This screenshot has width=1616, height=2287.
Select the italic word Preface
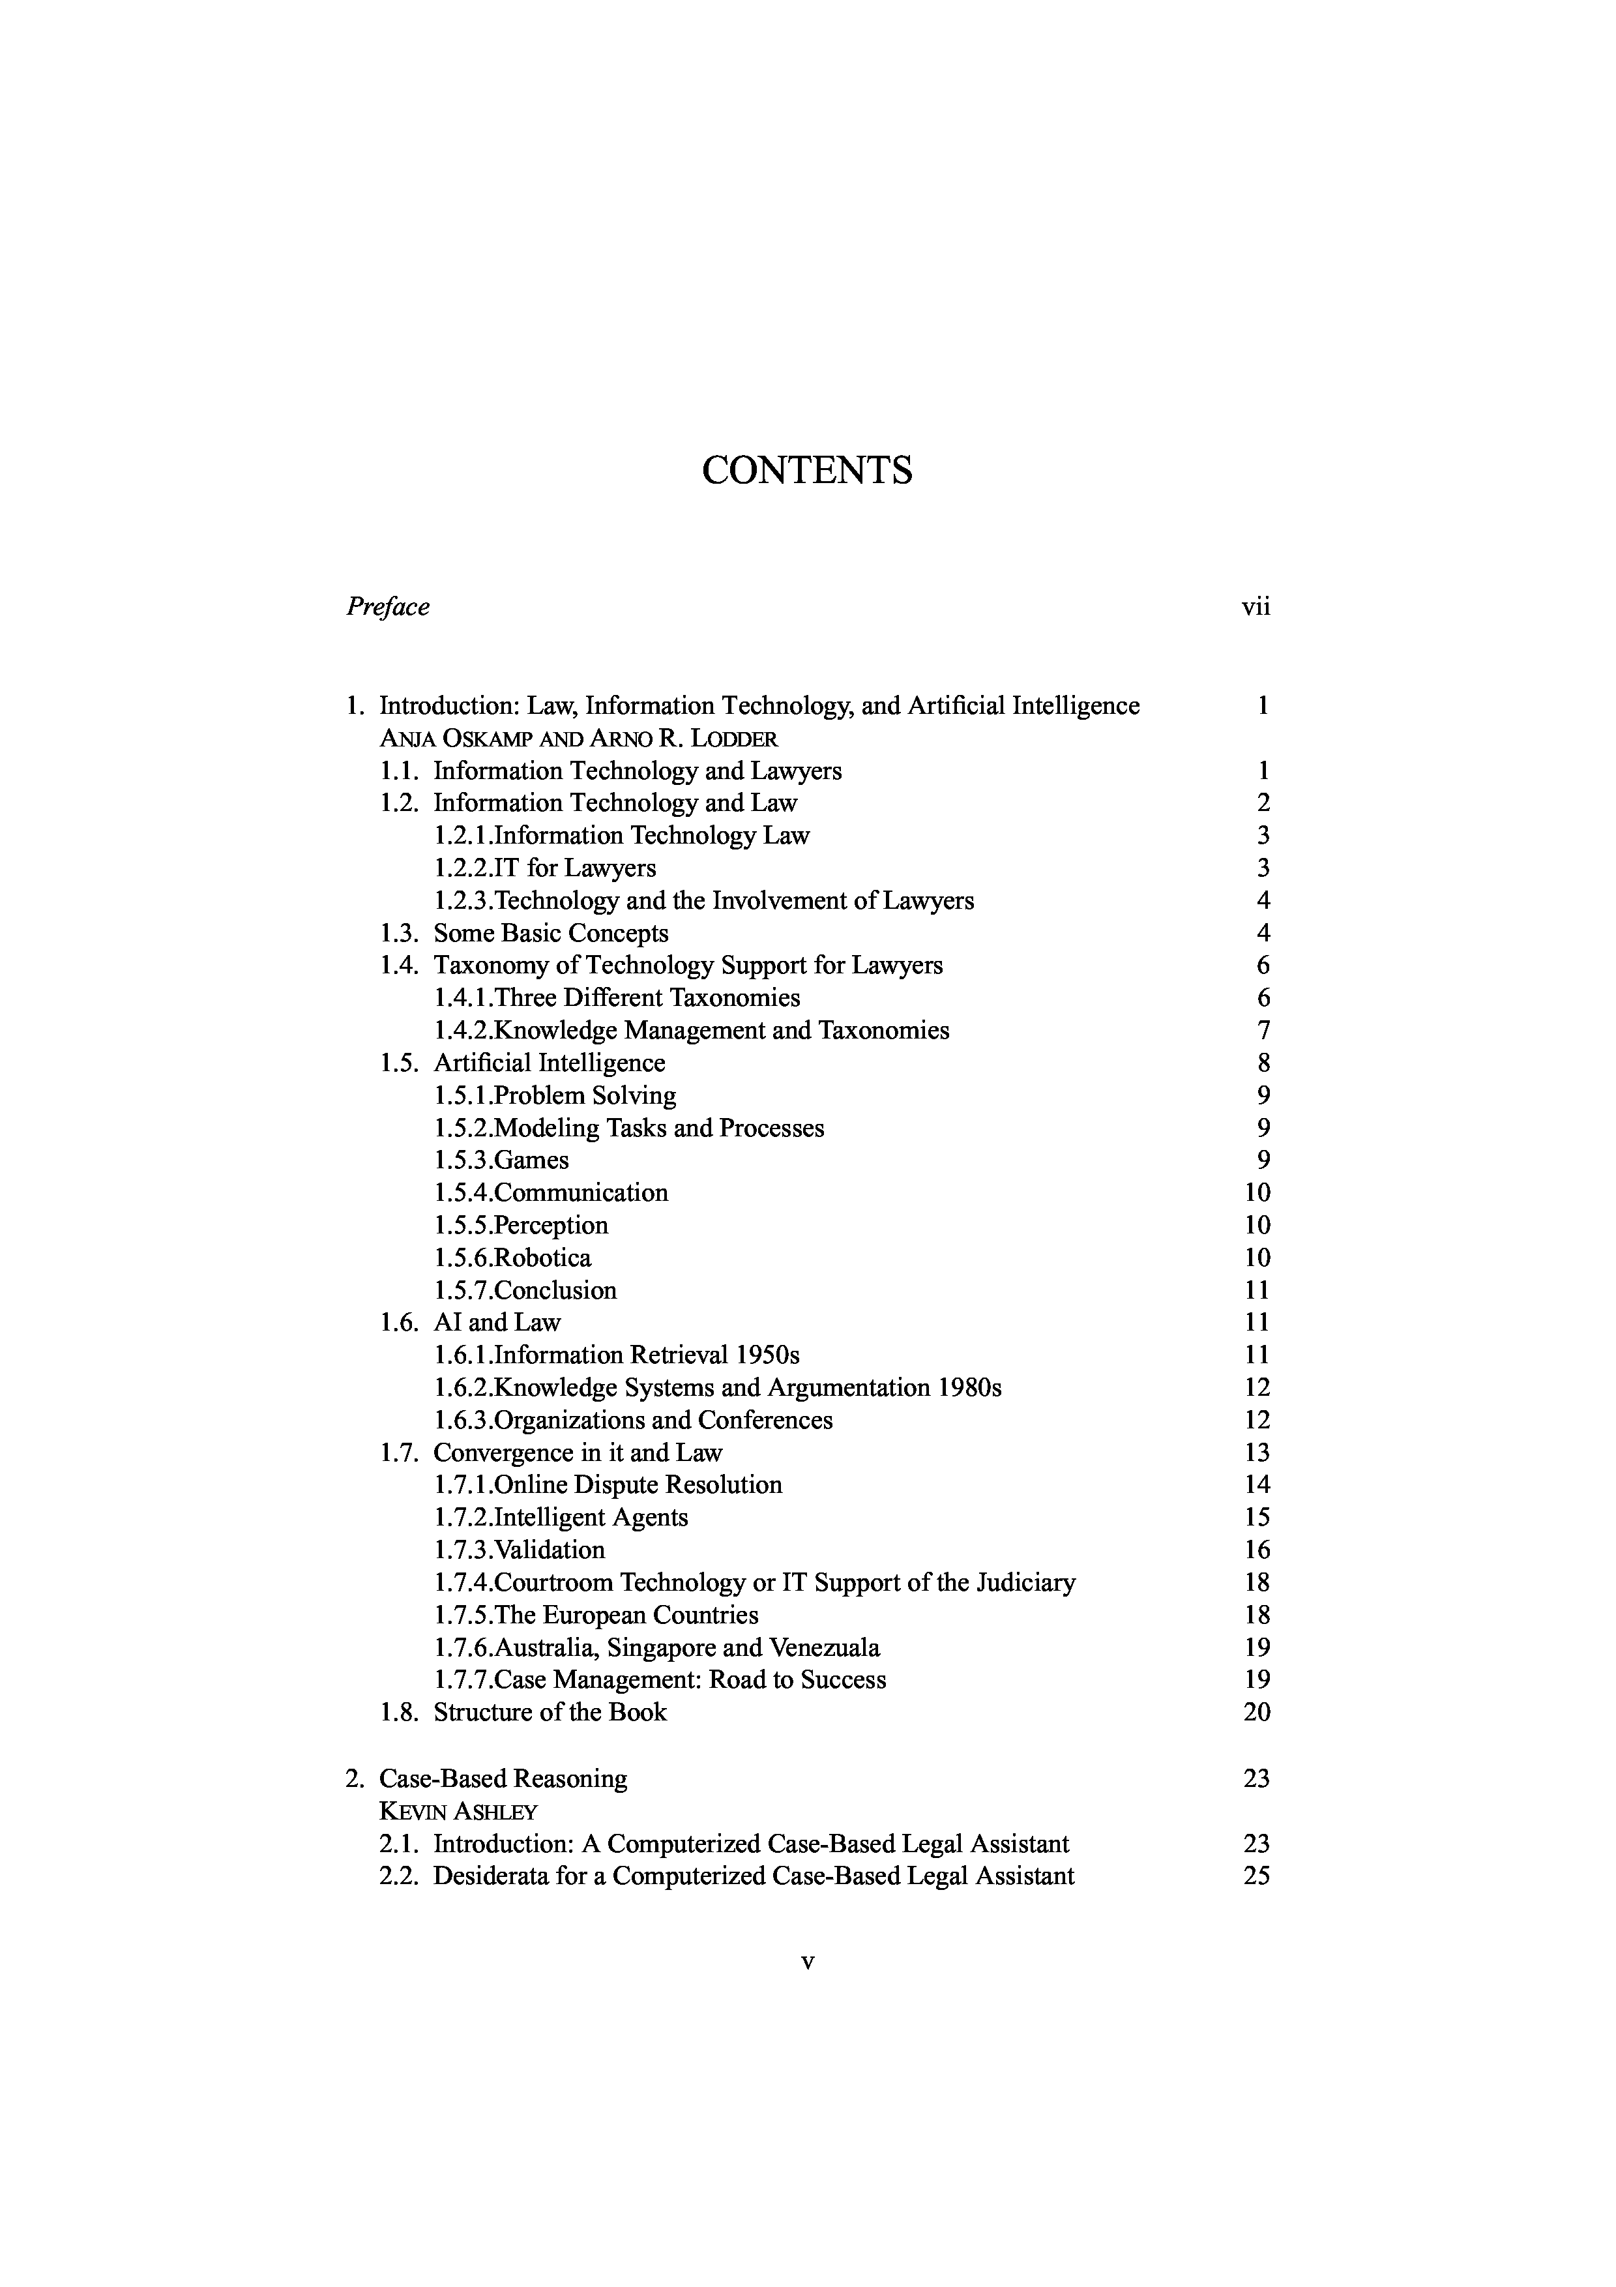click(x=389, y=606)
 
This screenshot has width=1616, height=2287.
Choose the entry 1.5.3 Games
click(x=502, y=1160)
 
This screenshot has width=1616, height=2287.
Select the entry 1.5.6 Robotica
click(x=513, y=1258)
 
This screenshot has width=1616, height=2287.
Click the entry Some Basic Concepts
click(x=551, y=934)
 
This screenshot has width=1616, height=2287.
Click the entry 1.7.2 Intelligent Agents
click(x=561, y=1518)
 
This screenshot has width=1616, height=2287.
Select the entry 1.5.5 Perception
click(x=521, y=1225)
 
